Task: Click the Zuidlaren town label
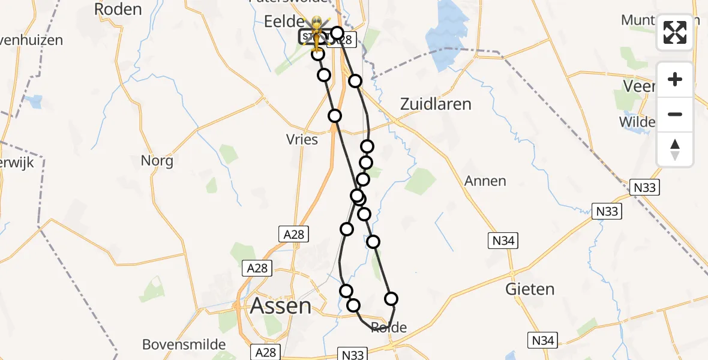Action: [436, 104]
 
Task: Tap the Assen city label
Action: [281, 306]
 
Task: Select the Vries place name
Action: [302, 139]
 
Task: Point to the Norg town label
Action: [157, 161]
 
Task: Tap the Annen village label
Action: [485, 181]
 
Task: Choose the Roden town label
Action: [118, 9]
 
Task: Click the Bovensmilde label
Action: [184, 344]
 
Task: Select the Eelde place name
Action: [284, 22]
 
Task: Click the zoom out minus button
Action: [675, 114]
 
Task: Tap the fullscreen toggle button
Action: [675, 32]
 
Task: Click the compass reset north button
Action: [675, 149]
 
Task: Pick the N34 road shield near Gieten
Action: [544, 340]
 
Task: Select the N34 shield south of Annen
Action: [502, 241]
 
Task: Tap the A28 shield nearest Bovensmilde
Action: [264, 352]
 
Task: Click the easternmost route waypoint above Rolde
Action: [391, 299]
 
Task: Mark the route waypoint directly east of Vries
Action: [335, 116]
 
